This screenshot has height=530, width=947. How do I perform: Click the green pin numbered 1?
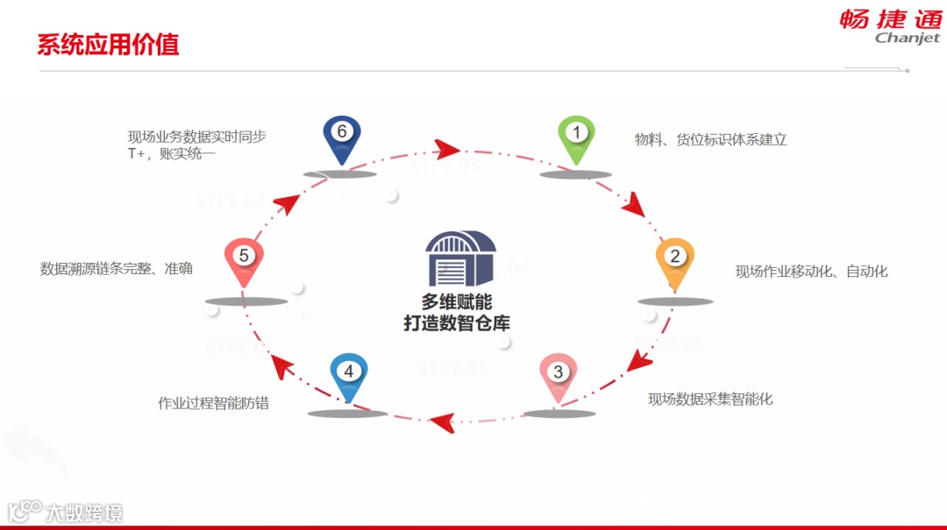[x=576, y=136]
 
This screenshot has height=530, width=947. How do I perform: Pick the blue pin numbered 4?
[x=348, y=374]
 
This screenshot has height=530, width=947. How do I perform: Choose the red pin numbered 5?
[x=244, y=258]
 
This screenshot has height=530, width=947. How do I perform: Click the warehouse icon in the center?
[x=460, y=259]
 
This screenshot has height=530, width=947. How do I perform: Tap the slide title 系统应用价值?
[x=108, y=45]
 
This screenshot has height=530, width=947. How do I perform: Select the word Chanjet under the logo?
[x=907, y=39]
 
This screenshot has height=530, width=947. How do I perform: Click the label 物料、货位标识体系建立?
[x=710, y=139]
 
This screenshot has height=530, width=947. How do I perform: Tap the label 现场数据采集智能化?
[x=710, y=399]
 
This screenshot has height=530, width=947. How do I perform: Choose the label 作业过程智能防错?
[x=213, y=404]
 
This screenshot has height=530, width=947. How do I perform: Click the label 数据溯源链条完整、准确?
[x=117, y=269]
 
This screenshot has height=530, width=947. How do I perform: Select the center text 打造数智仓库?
[x=456, y=323]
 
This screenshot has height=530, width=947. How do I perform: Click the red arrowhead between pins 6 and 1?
[x=447, y=147]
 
